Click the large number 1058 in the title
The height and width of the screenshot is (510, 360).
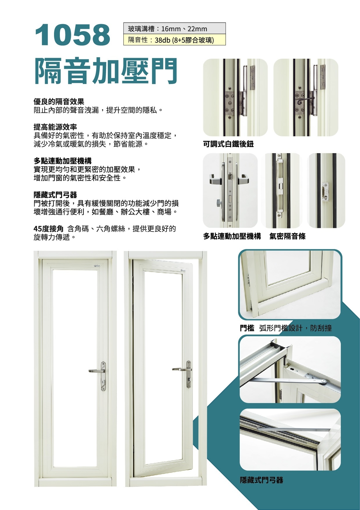tap(72, 35)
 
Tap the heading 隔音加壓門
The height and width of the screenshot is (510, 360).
tap(106, 71)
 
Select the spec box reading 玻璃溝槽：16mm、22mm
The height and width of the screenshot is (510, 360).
tap(174, 29)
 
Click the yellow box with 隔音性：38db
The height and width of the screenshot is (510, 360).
tap(174, 40)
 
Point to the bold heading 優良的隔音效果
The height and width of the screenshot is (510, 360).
tap(59, 102)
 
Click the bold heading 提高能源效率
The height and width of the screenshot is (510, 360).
tap(55, 127)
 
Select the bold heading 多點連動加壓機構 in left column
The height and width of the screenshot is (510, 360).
tap(62, 161)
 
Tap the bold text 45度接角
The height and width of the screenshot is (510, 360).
tap(49, 229)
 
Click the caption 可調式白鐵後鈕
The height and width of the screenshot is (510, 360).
tap(228, 144)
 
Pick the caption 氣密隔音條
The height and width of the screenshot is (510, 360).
tap(287, 236)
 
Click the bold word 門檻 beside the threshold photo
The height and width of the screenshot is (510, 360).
tap(247, 328)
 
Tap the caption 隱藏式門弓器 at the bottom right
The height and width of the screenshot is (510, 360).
tap(262, 480)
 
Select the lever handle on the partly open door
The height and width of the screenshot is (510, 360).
tap(179, 369)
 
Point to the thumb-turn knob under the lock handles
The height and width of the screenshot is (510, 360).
tap(218, 202)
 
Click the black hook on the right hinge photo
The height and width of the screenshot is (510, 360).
tap(304, 100)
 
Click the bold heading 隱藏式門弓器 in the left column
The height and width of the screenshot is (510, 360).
tap(55, 195)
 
